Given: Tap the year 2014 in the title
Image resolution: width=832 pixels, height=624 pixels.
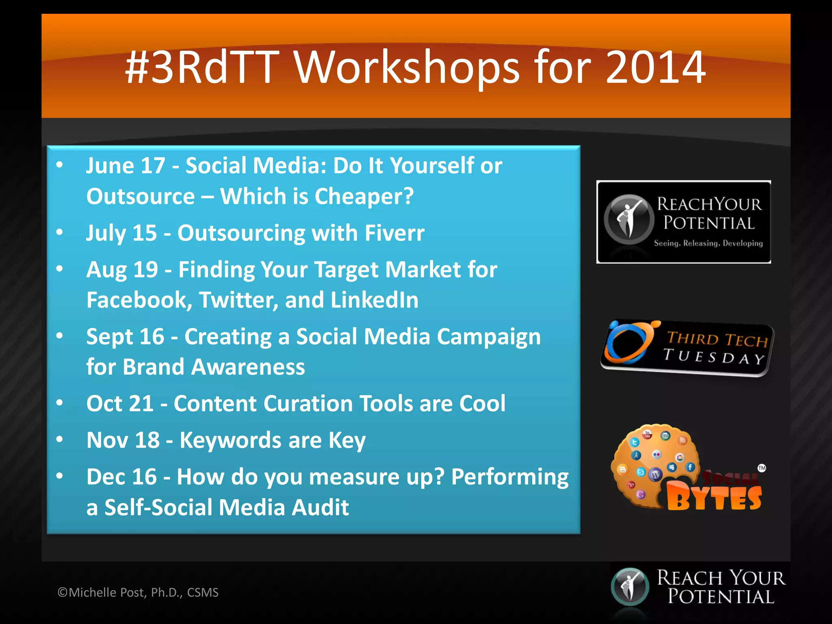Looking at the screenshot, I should click(655, 67).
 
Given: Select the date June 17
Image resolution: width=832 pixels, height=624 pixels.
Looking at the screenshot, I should click(126, 166).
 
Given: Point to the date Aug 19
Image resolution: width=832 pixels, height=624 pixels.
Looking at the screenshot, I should click(122, 270).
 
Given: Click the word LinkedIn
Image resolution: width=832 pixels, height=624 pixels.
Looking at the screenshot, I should click(374, 300).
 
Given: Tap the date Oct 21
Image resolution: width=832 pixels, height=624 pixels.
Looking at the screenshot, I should click(120, 404).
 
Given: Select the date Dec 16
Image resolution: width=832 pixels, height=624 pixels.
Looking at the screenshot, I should click(121, 477).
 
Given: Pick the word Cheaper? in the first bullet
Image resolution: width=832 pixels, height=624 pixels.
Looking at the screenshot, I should click(364, 197).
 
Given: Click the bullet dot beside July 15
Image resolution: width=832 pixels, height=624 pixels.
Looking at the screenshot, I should click(60, 232).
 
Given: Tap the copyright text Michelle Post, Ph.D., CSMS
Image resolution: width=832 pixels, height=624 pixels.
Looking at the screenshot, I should click(138, 593).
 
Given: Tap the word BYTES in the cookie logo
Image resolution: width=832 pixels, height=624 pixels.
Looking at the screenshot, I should click(714, 498).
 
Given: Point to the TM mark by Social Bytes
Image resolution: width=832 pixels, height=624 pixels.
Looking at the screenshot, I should click(762, 468).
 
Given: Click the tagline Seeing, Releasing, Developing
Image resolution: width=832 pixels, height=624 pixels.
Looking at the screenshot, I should click(708, 243).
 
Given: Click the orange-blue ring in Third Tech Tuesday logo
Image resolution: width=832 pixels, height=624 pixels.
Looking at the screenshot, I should click(628, 342).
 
